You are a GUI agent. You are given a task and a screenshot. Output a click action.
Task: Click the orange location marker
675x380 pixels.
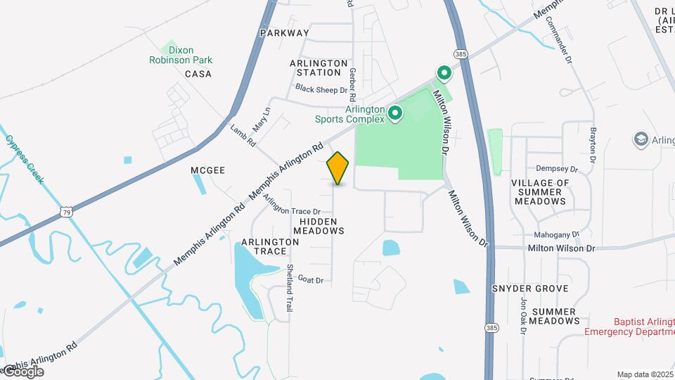[x=338, y=167]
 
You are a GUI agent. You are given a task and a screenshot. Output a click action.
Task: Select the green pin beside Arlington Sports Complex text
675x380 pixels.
[x=395, y=113]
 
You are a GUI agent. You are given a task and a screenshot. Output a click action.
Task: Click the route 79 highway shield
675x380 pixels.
[x=66, y=211]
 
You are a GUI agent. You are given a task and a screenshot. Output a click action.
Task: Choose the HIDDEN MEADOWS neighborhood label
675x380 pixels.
[x=319, y=225]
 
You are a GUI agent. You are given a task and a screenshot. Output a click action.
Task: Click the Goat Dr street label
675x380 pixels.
[x=310, y=279]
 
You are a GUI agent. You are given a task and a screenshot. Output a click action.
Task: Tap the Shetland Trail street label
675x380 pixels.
[x=289, y=288]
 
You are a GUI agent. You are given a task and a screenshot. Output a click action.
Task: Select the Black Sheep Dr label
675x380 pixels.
[x=321, y=89]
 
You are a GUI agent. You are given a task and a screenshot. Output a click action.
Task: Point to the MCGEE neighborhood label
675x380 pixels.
[x=207, y=170]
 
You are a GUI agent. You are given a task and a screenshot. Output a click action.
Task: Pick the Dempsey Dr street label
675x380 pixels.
[x=556, y=169]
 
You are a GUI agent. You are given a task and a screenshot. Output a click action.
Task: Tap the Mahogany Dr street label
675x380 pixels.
[x=555, y=234]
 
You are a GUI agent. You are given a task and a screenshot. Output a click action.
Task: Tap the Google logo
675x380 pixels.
[x=22, y=372]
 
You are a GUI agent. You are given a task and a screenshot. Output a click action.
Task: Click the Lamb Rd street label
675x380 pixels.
[x=243, y=135]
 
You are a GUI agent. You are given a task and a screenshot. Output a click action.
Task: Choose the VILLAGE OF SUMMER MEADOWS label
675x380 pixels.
[x=540, y=191]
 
